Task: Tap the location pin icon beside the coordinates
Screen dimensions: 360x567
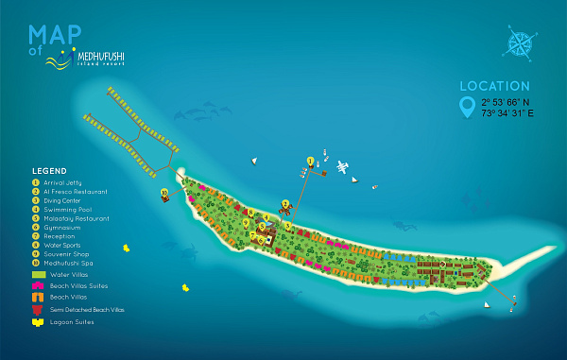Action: tap(466, 107)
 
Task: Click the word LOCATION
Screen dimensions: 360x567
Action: tap(494, 85)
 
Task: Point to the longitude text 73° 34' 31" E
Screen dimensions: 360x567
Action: tap(506, 112)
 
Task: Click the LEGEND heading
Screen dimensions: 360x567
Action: tap(48, 171)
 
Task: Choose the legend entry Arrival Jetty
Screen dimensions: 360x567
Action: tap(63, 181)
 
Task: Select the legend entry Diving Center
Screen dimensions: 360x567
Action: tap(63, 200)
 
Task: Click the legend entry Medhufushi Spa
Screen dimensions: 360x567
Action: tap(66, 264)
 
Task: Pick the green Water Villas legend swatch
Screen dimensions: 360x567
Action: tap(37, 274)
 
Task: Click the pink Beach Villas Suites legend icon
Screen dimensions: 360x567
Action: tap(37, 285)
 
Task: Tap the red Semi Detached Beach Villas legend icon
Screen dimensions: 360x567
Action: tap(37, 309)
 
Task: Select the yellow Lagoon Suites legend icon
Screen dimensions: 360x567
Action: tap(37, 322)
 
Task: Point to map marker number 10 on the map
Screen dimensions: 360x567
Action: tap(164, 193)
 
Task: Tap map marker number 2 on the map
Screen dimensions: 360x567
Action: tap(285, 203)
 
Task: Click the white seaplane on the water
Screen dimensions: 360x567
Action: tap(342, 168)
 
